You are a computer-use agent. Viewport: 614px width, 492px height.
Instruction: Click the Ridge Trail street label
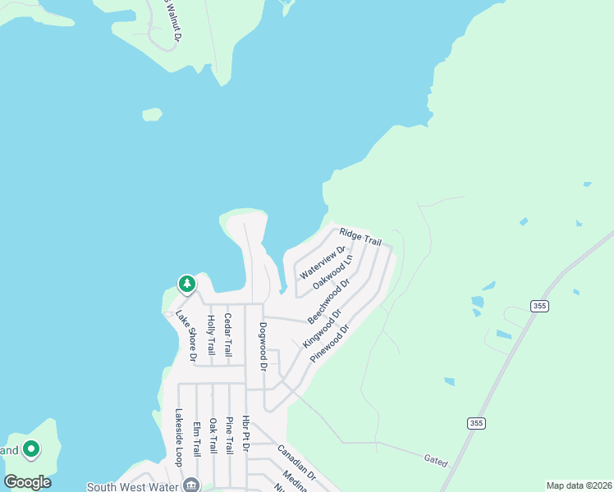coord(361,236)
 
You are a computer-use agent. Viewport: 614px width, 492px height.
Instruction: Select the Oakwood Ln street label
coord(333,270)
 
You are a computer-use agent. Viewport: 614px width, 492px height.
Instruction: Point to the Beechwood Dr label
coord(329,299)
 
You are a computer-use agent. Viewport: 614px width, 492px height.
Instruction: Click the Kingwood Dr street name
coord(323,326)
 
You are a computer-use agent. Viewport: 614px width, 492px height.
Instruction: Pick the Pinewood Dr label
coord(330,343)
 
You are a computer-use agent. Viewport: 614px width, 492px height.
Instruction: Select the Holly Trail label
coord(211,335)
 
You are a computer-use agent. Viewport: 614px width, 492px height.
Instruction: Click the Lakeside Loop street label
coord(178,438)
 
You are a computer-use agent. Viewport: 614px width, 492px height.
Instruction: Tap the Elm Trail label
coord(196,439)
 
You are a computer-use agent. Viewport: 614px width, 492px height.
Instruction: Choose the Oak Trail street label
coord(213,436)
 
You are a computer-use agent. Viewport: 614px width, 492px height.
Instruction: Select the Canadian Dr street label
coord(296,462)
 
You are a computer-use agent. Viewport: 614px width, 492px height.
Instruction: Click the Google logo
coord(27,481)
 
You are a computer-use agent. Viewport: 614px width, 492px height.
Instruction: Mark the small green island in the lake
coord(152,114)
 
